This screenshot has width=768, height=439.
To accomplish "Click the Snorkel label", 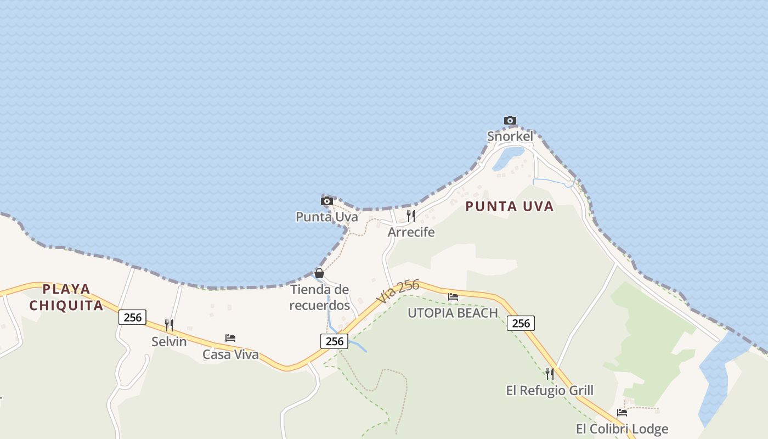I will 510,136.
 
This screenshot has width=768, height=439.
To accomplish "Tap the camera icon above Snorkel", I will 510,120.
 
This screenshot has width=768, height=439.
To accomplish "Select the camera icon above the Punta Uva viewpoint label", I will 327,201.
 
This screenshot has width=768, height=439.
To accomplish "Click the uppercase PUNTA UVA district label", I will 510,207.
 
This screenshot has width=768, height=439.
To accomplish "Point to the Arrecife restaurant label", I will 411,232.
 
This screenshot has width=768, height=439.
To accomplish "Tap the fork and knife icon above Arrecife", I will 410,215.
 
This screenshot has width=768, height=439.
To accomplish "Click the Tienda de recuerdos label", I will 320,297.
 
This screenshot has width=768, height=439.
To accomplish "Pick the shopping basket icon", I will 319,273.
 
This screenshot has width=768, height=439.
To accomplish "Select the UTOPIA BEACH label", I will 453,313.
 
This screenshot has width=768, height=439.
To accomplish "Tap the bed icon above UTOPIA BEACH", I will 453,297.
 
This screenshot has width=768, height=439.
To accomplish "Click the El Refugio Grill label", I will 550,391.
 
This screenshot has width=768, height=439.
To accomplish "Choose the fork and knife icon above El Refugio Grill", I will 549,374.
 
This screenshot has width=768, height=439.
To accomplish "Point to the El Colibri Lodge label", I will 622,429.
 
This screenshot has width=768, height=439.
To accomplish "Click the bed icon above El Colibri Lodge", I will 622,412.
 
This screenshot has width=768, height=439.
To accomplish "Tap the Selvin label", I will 169,342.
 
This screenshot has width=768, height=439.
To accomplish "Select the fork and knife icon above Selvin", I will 169,325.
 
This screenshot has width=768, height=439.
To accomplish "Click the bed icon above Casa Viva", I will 230,337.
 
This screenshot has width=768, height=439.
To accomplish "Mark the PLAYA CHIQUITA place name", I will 66,297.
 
